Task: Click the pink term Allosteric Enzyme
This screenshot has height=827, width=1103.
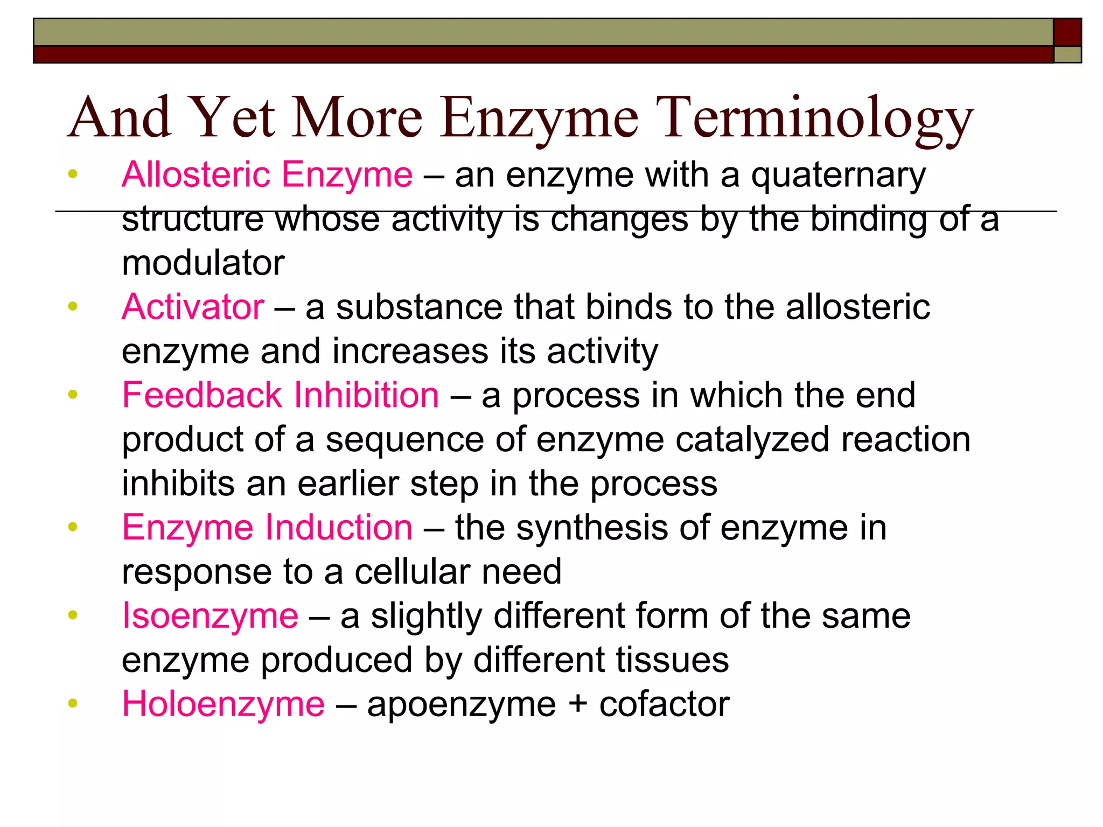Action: [x=267, y=175]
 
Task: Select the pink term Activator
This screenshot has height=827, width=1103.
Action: [x=193, y=307]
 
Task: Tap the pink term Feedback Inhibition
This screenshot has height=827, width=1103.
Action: [x=281, y=395]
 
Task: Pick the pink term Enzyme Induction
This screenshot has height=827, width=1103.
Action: [x=267, y=527]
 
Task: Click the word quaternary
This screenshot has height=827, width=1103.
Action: [x=838, y=176]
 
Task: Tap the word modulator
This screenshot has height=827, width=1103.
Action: [x=203, y=263]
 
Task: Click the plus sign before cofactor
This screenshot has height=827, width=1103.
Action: [x=577, y=704]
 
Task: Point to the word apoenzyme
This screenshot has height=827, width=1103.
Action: [x=462, y=705]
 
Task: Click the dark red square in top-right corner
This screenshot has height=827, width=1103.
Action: [x=1067, y=32]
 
